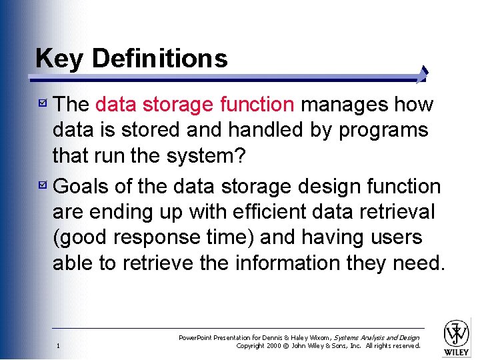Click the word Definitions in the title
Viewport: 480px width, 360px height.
point(159,59)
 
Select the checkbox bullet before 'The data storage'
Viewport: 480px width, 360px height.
point(42,103)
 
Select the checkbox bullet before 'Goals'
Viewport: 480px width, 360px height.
point(42,185)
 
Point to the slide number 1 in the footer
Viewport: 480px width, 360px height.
point(59,345)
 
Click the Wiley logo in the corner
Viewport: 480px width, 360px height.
point(457,337)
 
